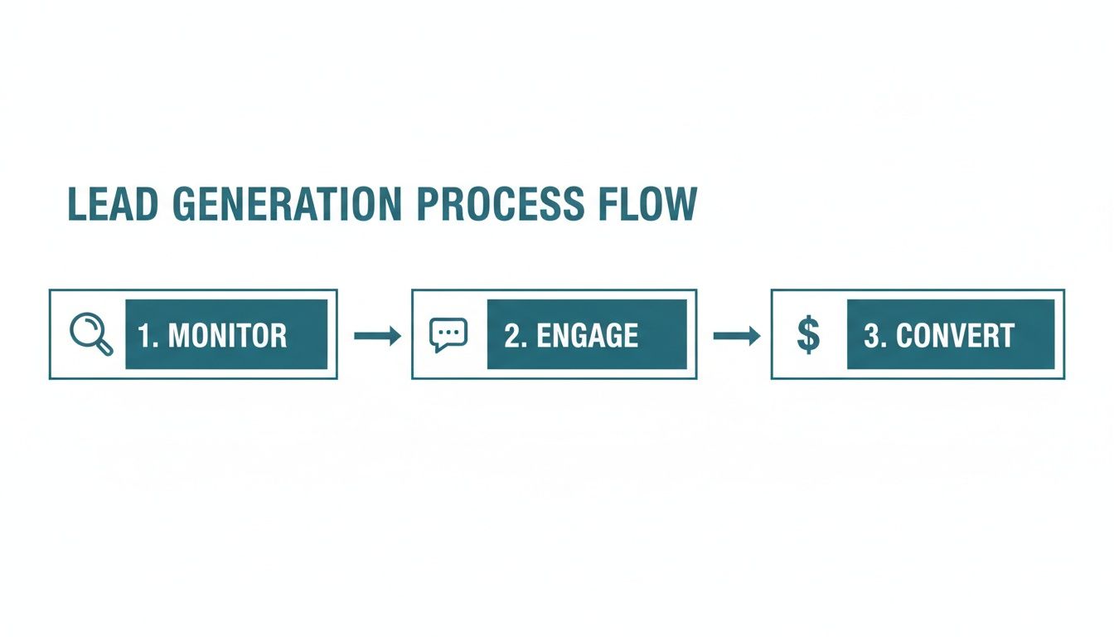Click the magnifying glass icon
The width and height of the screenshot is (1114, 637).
pyautogui.click(x=90, y=334)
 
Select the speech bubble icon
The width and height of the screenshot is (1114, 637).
pyautogui.click(x=448, y=334)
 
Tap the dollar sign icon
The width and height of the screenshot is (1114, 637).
pyautogui.click(x=807, y=335)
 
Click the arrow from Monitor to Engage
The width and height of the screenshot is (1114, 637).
pyautogui.click(x=377, y=335)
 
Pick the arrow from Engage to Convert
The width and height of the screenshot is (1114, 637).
pyautogui.click(x=737, y=335)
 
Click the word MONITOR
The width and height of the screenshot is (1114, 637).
pyautogui.click(x=227, y=336)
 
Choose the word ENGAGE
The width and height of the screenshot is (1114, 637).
pyautogui.click(x=587, y=336)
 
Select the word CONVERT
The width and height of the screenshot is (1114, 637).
pyautogui.click(x=955, y=336)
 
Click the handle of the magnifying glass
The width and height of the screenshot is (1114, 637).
pyautogui.click(x=104, y=347)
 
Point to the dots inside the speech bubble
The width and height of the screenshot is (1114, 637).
pyautogui.click(x=448, y=331)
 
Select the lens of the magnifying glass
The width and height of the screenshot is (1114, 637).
pyautogui.click(x=85, y=329)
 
